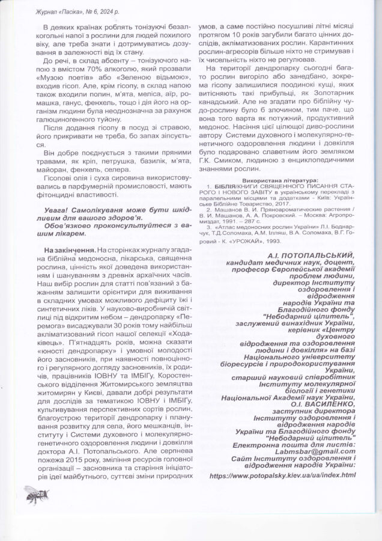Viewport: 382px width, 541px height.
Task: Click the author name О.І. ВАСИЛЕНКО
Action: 321,405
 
